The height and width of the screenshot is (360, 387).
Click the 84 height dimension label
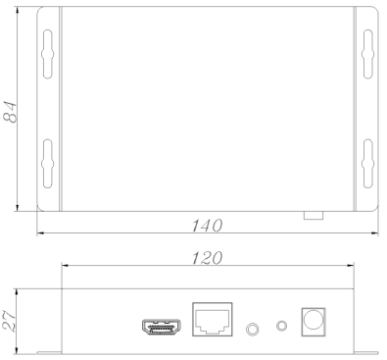pyautogui.click(x=10, y=112)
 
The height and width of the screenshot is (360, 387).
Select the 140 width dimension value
pyautogui.click(x=207, y=226)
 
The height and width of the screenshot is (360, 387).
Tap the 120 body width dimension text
pyautogui.click(x=207, y=258)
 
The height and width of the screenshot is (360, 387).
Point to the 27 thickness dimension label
pyautogui.click(x=9, y=322)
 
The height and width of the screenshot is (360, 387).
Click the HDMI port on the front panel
pyautogui.click(x=162, y=327)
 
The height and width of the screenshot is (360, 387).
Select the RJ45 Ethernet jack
pyautogui.click(x=213, y=319)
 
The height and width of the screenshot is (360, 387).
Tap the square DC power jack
pyautogui.click(x=314, y=322)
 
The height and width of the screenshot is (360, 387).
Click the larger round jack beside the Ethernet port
pyautogui.click(x=252, y=329)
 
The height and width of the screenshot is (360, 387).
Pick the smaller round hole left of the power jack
pyautogui.click(x=281, y=326)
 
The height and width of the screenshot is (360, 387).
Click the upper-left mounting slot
pyautogui.click(x=48, y=54)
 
